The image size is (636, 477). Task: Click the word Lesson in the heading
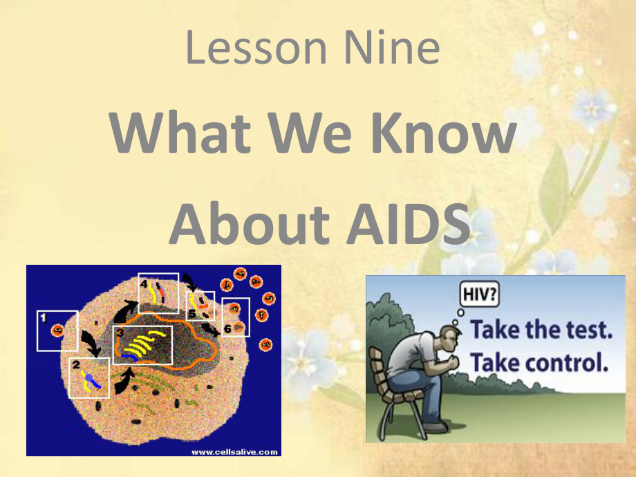pyautogui.click(x=256, y=48)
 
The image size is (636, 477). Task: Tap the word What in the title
pyautogui.click(x=180, y=132)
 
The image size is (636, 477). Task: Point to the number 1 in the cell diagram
pyautogui.click(x=44, y=318)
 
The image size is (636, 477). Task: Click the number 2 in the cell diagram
pyautogui.click(x=76, y=364)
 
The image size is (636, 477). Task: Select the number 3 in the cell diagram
pyautogui.click(x=120, y=333)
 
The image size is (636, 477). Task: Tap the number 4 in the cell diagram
pyautogui.click(x=144, y=283)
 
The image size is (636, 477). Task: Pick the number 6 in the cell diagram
pyautogui.click(x=227, y=328)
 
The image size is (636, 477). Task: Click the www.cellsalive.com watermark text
pyautogui.click(x=234, y=452)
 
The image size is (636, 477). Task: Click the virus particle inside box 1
pyautogui.click(x=57, y=330)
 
